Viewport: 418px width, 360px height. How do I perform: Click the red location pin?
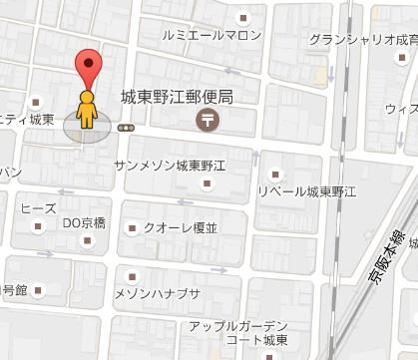point(91,66)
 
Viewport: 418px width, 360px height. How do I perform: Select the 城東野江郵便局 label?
point(177,98)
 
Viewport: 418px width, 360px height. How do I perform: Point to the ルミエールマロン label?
point(211,35)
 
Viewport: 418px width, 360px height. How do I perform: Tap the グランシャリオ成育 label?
point(363,40)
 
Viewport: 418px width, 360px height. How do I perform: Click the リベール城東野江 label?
point(306,190)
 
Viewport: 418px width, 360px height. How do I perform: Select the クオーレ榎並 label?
point(180,228)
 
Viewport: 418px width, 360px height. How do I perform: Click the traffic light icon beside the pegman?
point(126,128)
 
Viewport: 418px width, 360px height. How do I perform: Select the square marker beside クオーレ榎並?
point(130,229)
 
